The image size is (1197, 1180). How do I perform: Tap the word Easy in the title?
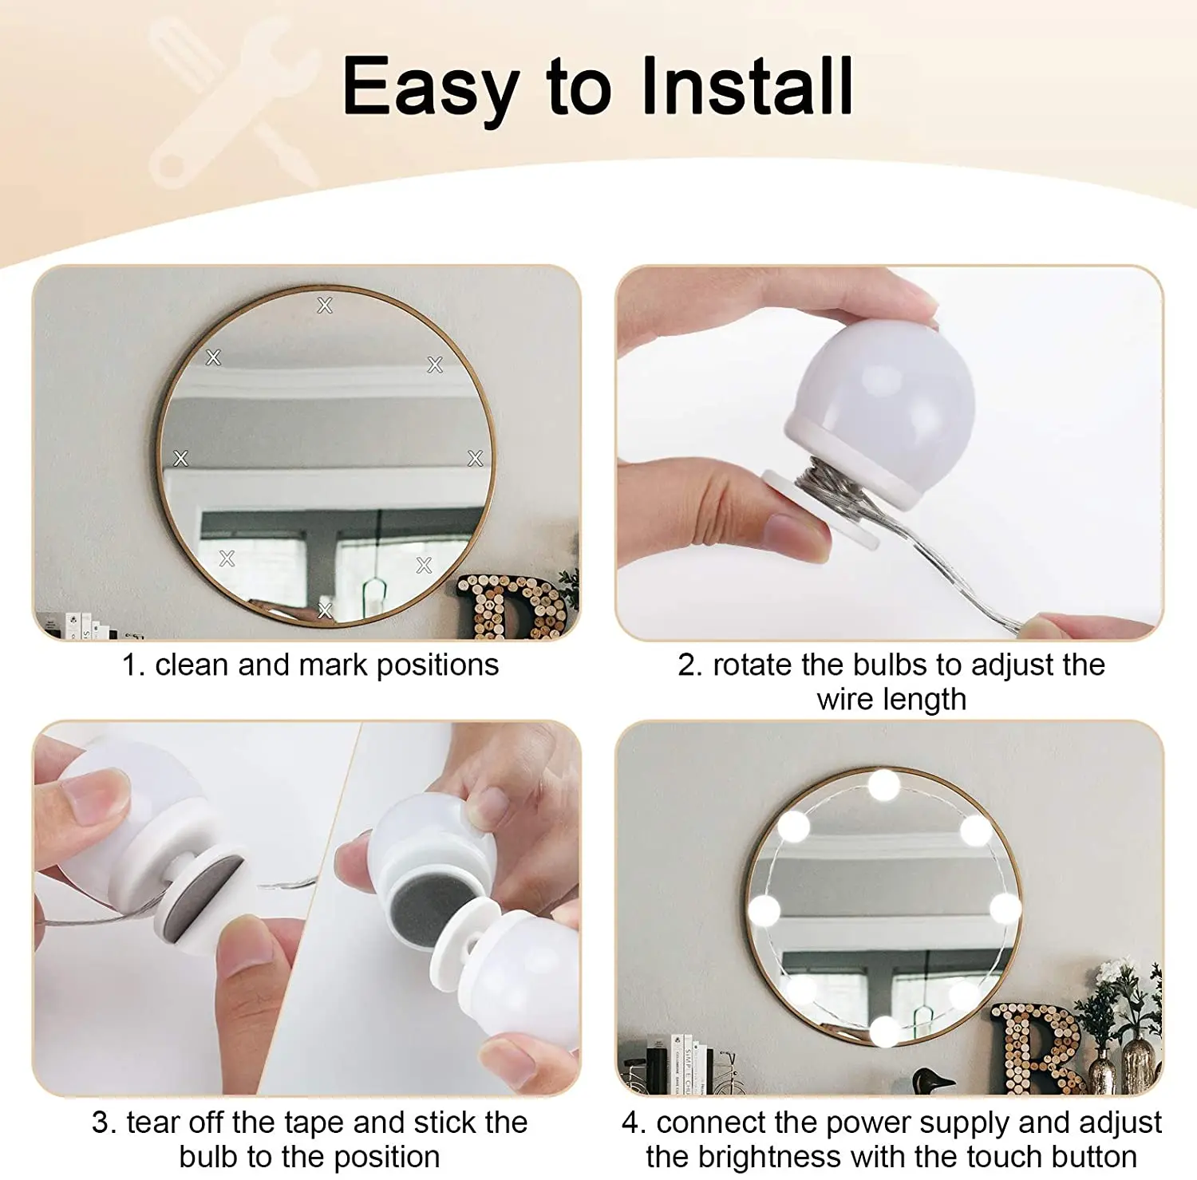tap(431, 86)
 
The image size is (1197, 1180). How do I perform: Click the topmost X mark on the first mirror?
tap(325, 305)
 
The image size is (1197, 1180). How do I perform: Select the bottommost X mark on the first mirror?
tap(325, 611)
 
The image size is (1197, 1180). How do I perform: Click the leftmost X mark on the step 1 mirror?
tap(181, 458)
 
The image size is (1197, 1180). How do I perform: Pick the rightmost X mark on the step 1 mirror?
tap(476, 458)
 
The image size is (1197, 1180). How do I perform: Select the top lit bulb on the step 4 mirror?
tap(883, 785)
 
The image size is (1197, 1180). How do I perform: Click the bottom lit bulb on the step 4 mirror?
tap(885, 1031)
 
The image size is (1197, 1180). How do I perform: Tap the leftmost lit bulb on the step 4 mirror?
tap(764, 909)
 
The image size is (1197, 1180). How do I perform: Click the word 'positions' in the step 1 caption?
tap(437, 665)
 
